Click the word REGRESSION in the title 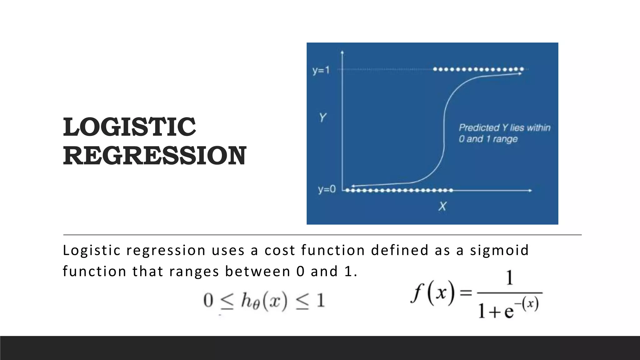point(155,156)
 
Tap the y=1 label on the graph point(321,70)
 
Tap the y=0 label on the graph point(327,189)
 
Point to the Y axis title point(322,118)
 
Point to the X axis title point(442,206)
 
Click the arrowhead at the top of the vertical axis point(342,52)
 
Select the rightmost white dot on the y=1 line point(522,69)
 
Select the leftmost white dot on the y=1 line point(435,69)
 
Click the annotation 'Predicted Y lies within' point(504,127)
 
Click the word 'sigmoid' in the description point(499,250)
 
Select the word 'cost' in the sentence point(280,250)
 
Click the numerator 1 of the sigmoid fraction point(509,278)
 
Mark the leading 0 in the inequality point(208,301)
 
